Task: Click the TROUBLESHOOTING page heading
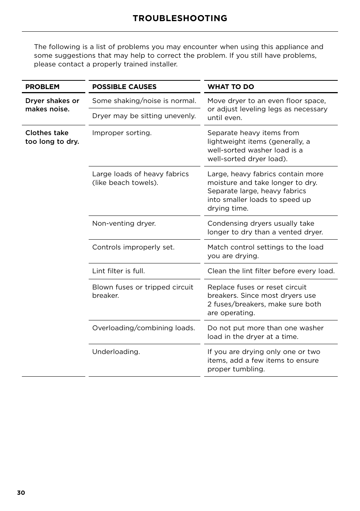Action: (x=180, y=18)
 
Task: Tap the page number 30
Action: (x=21, y=493)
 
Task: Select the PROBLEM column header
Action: (x=42, y=87)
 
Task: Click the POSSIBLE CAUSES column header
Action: (x=124, y=87)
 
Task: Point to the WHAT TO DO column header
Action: (x=231, y=87)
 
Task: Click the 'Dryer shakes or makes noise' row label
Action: (x=52, y=105)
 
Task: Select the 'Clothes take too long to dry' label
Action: (x=52, y=137)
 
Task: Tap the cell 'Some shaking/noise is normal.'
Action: (x=144, y=101)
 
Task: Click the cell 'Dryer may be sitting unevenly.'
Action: (x=144, y=116)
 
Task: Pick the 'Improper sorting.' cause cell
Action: (x=122, y=133)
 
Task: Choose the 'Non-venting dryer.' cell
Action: (x=124, y=223)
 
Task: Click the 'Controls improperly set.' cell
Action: (x=133, y=247)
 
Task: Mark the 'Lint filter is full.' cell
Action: (x=118, y=271)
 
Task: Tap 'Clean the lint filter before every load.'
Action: (x=271, y=271)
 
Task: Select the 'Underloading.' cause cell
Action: (x=116, y=352)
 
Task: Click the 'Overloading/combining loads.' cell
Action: (x=143, y=328)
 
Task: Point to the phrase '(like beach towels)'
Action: (x=125, y=183)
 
